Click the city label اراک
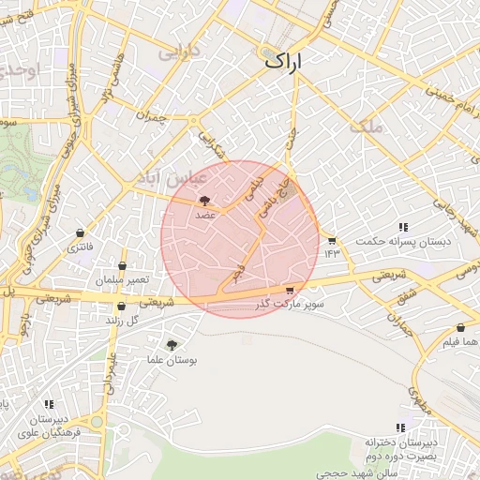tap(287, 62)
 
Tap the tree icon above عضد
tap(205, 200)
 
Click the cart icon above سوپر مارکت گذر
tap(290, 291)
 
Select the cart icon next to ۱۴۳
tap(331, 240)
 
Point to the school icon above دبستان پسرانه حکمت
tap(403, 228)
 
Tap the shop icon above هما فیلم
tap(448, 328)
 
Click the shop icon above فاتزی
tap(80, 233)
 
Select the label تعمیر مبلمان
tap(121, 280)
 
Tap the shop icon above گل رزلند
tap(121, 306)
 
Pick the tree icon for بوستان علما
tap(170, 345)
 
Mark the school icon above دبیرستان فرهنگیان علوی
tap(49, 404)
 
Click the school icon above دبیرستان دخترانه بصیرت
tap(401, 427)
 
